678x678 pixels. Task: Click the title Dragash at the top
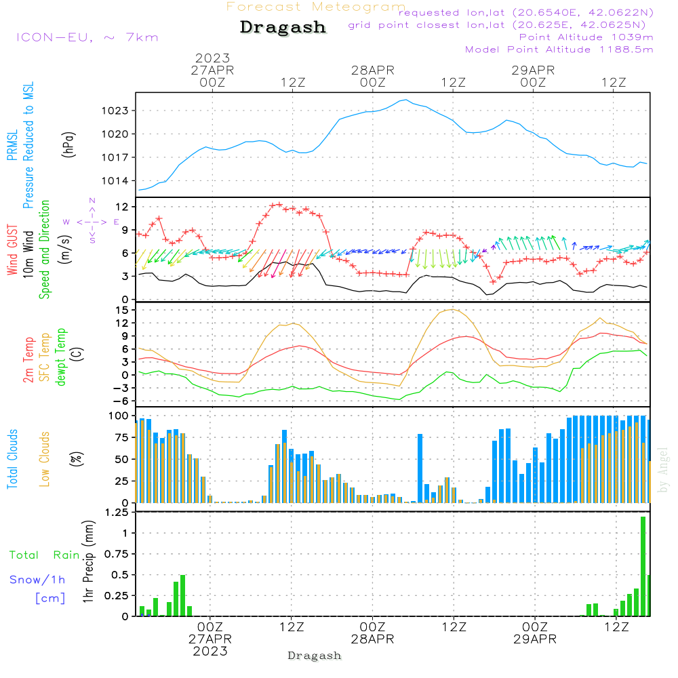(x=283, y=27)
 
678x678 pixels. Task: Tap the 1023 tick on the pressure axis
(x=115, y=111)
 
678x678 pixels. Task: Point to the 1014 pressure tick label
(x=115, y=181)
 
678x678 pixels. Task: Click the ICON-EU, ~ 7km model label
(x=87, y=37)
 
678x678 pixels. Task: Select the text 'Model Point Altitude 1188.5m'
(x=559, y=49)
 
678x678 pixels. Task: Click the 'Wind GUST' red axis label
(x=12, y=250)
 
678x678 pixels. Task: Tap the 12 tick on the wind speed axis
(x=122, y=207)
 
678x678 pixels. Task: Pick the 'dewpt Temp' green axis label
(x=61, y=357)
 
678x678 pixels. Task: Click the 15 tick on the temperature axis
(x=122, y=310)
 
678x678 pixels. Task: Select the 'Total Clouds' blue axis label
(x=12, y=459)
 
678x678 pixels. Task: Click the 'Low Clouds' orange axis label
(x=45, y=459)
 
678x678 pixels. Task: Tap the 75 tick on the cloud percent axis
(x=122, y=437)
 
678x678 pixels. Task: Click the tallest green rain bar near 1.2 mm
(x=643, y=566)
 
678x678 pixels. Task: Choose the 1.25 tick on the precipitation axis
(x=117, y=513)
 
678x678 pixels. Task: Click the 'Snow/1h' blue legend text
(x=37, y=580)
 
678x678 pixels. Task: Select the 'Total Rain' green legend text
(x=45, y=555)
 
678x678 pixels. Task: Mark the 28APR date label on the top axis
(x=373, y=70)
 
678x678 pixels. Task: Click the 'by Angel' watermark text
(x=662, y=470)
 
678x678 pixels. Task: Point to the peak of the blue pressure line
(x=405, y=100)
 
